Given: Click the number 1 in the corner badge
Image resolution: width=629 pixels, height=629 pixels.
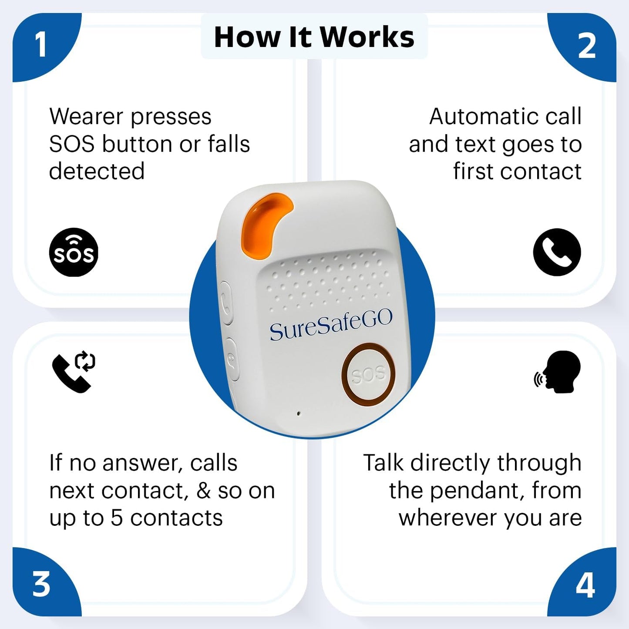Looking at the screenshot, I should tap(40, 45).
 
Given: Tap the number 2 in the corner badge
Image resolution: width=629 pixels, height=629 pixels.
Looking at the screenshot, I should tap(586, 46).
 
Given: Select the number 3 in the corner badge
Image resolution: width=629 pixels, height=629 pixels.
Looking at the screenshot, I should tap(41, 584).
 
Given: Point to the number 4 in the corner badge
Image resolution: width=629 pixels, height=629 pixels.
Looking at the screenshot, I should tap(585, 585).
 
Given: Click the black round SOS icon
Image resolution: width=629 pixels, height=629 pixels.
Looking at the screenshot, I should tap(74, 252).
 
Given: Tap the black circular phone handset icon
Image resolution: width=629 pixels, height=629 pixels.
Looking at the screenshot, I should tap(557, 252).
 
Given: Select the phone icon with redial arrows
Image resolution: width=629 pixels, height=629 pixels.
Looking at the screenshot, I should tap(74, 372).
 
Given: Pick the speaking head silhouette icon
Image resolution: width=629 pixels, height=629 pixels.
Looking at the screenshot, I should tap(558, 372).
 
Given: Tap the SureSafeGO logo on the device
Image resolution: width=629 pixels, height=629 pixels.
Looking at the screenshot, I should tap(331, 325).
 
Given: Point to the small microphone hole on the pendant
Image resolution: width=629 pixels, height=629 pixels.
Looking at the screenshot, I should tap(298, 413).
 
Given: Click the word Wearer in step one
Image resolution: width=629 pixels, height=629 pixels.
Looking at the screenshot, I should tap(86, 117).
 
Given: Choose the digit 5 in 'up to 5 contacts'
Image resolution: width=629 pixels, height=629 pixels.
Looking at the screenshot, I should tap(117, 518).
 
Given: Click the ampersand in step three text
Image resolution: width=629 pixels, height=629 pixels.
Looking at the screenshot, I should tap(203, 491).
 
